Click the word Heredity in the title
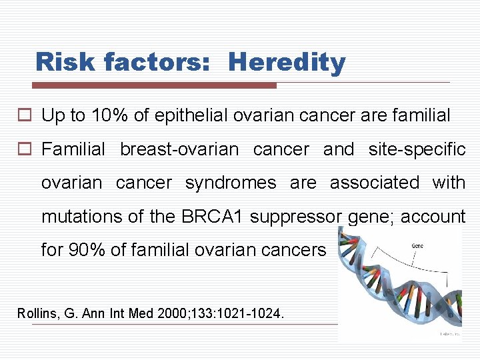point(287,63)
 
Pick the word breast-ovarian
point(179,150)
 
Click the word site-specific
point(417,150)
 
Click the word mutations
point(76,217)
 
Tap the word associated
point(375,183)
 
